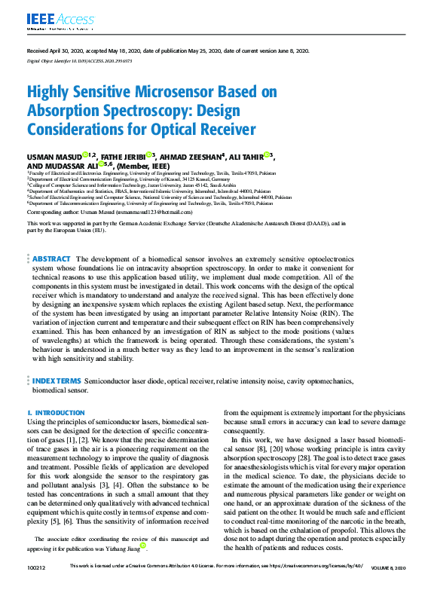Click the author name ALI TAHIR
click(246, 157)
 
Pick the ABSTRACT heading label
click(51, 258)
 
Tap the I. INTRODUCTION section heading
click(56, 413)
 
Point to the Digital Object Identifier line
click(80, 60)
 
